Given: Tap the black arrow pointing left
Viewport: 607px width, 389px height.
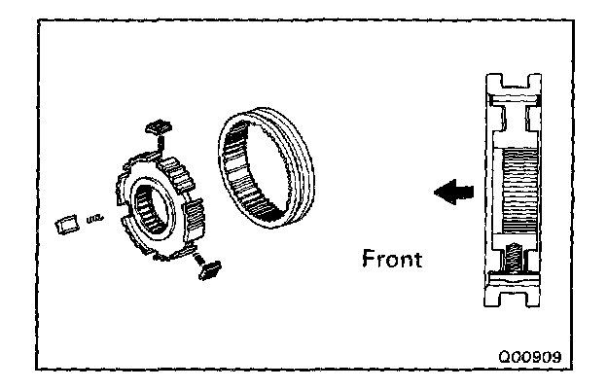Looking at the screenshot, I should coord(449,194).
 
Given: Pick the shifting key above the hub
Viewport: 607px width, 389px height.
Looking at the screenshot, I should coord(157,128).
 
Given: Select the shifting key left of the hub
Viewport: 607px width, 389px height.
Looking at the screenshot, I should coord(65,223).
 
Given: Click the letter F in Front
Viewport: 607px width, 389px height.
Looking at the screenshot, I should coord(367,261).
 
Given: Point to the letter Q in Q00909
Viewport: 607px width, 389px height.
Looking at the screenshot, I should coord(502,356).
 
